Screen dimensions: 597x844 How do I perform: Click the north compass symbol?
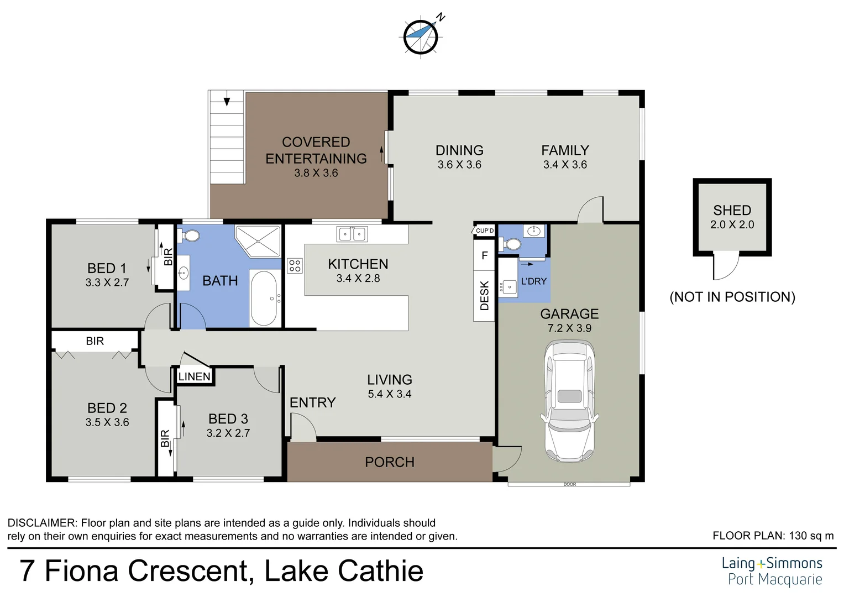point(421,36)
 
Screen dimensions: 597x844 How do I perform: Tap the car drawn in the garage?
point(570,401)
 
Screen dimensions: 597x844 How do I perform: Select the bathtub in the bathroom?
point(264,298)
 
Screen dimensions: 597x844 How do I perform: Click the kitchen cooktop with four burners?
point(295,266)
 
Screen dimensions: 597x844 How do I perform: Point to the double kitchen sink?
point(352,234)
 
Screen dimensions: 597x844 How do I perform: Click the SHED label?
point(732,211)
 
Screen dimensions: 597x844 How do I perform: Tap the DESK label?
point(485,296)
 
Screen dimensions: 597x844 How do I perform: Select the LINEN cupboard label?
point(195,376)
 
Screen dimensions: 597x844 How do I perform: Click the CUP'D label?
point(485,231)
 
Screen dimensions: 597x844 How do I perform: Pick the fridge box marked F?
point(485,255)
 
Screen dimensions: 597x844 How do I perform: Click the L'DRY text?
point(533,281)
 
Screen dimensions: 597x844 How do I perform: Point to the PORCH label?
point(389,462)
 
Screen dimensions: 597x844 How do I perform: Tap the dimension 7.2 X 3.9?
point(569,328)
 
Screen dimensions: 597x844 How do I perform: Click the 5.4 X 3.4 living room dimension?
point(389,394)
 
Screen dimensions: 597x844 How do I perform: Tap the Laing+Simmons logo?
point(772,571)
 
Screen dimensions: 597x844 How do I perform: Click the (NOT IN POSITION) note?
point(732,297)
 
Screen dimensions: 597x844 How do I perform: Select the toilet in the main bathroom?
point(191,236)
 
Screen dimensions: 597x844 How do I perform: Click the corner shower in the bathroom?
point(259,240)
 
